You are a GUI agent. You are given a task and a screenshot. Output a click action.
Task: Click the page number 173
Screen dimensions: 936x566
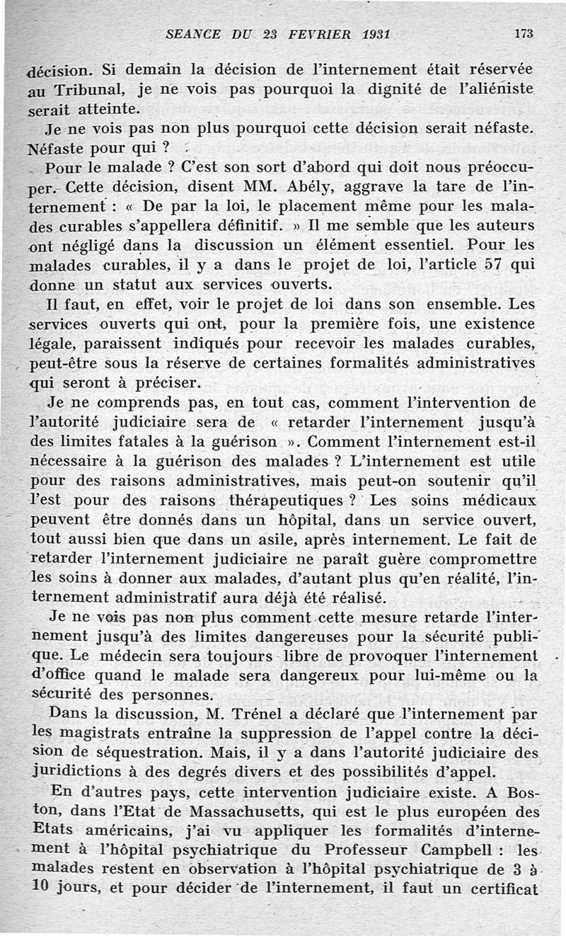(524, 33)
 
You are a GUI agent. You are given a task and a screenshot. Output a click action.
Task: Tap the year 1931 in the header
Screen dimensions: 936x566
(371, 33)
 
